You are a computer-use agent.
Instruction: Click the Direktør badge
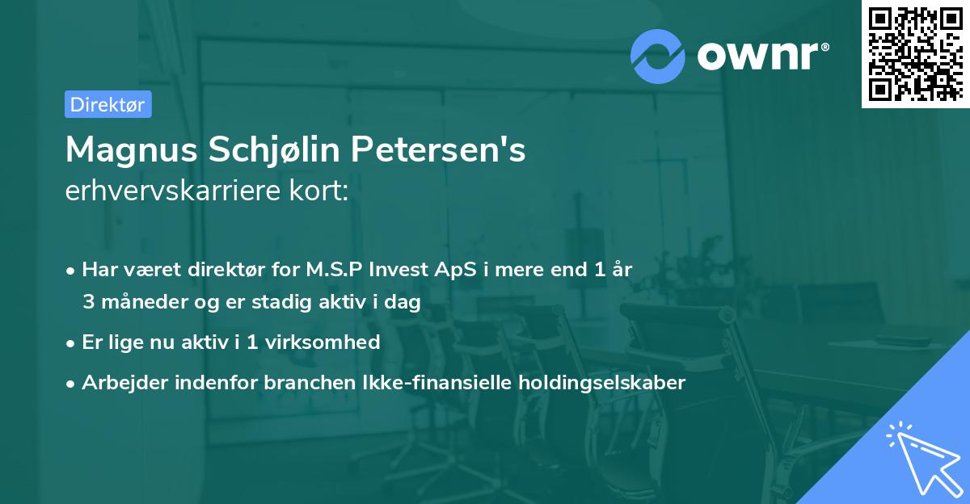pos(107,104)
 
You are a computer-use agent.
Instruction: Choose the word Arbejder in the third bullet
pos(120,382)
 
